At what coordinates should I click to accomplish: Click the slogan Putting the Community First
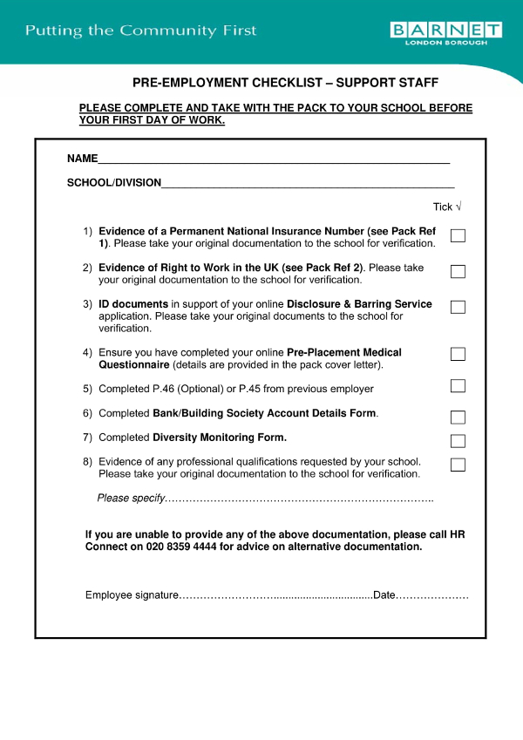141,31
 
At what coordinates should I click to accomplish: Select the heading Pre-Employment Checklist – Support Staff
285,83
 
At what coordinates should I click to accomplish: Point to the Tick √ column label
447,207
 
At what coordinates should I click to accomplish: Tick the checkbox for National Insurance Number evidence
458,236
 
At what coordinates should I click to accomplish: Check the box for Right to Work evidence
458,272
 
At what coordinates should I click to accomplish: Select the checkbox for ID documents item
458,308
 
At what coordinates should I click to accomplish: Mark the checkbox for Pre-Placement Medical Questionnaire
458,354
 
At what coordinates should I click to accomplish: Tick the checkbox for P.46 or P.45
458,386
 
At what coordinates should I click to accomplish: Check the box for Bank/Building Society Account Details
458,418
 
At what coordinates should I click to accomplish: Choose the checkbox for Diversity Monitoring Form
458,441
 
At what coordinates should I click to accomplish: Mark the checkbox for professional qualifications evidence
458,465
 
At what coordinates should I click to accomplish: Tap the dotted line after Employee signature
275,596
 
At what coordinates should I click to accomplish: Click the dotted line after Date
432,596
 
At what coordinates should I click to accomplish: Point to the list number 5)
87,389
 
